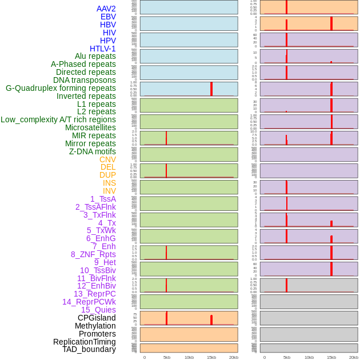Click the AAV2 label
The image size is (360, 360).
coord(106,9)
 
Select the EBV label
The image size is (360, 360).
coord(108,17)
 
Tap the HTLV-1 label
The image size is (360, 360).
coord(102,49)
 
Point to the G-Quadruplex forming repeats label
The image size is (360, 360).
coord(61,88)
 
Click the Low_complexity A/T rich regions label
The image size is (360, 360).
coord(58,119)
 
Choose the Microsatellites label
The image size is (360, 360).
coord(90,127)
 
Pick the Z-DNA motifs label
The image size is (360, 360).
coord(93,151)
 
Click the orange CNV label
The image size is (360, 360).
coord(107,159)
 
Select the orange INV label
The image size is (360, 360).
coord(109,191)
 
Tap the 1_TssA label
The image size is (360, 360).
coord(103,199)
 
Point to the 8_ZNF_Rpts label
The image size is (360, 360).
coord(93,254)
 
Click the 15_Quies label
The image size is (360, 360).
coord(98,310)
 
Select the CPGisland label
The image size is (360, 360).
coord(97,318)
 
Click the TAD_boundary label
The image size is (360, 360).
coord(89,349)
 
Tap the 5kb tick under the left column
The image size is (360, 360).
coord(167,357)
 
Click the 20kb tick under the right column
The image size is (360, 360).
coord(354,357)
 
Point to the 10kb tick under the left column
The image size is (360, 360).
coord(189,357)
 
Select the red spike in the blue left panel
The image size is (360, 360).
coord(211,89)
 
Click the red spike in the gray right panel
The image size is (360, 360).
coord(287,285)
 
